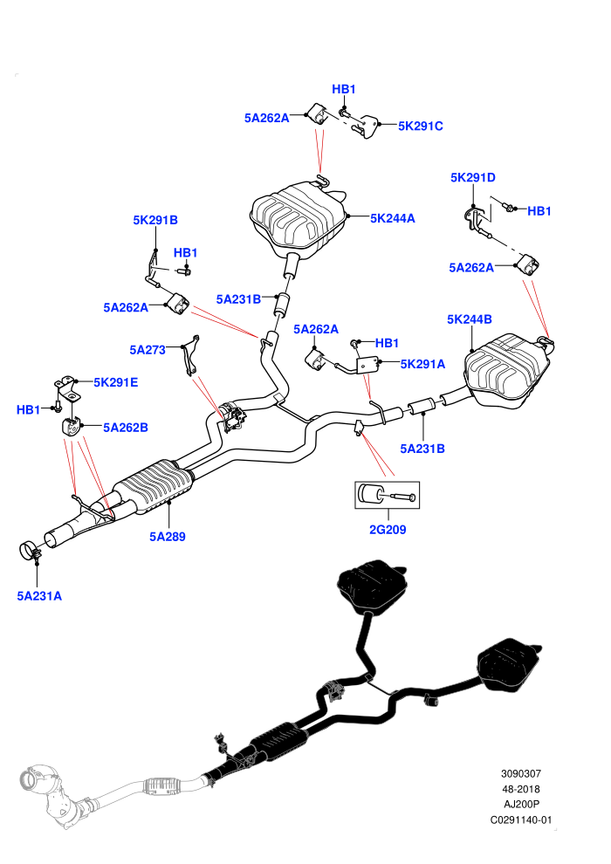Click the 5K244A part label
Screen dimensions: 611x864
coord(392,218)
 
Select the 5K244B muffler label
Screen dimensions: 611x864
coord(470,319)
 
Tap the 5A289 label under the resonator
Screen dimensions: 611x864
coord(168,537)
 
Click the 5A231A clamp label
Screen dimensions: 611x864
coord(39,596)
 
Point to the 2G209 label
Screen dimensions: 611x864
coord(388,530)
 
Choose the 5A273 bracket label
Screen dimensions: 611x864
coord(148,350)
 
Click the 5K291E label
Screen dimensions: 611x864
coord(116,382)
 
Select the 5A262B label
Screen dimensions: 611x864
coord(126,428)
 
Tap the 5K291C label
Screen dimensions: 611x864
coord(421,127)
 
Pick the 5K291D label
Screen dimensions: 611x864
coord(473,177)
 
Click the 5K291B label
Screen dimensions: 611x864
coord(155,220)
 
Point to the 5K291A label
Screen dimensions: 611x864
coord(422,364)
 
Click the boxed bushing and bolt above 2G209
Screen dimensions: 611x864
coord(387,495)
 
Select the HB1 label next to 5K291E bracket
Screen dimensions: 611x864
coord(28,410)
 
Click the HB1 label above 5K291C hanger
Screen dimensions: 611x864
coord(344,89)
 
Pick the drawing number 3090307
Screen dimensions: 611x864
coord(520,773)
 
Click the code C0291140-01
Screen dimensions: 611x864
coord(520,819)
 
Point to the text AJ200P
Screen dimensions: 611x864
coord(521,805)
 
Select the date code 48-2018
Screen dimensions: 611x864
coord(520,789)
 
